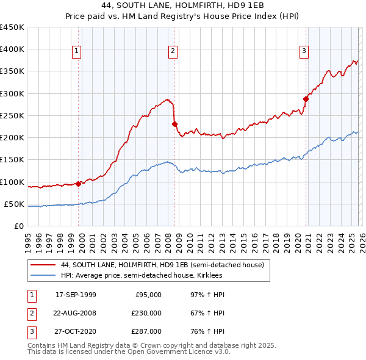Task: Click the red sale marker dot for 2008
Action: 174,124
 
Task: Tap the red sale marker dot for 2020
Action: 306,99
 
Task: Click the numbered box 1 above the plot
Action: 77,52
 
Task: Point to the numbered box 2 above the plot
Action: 173,52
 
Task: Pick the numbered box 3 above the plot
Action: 304,52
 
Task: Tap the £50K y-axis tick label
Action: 15,204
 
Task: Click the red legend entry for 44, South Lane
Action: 162,265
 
